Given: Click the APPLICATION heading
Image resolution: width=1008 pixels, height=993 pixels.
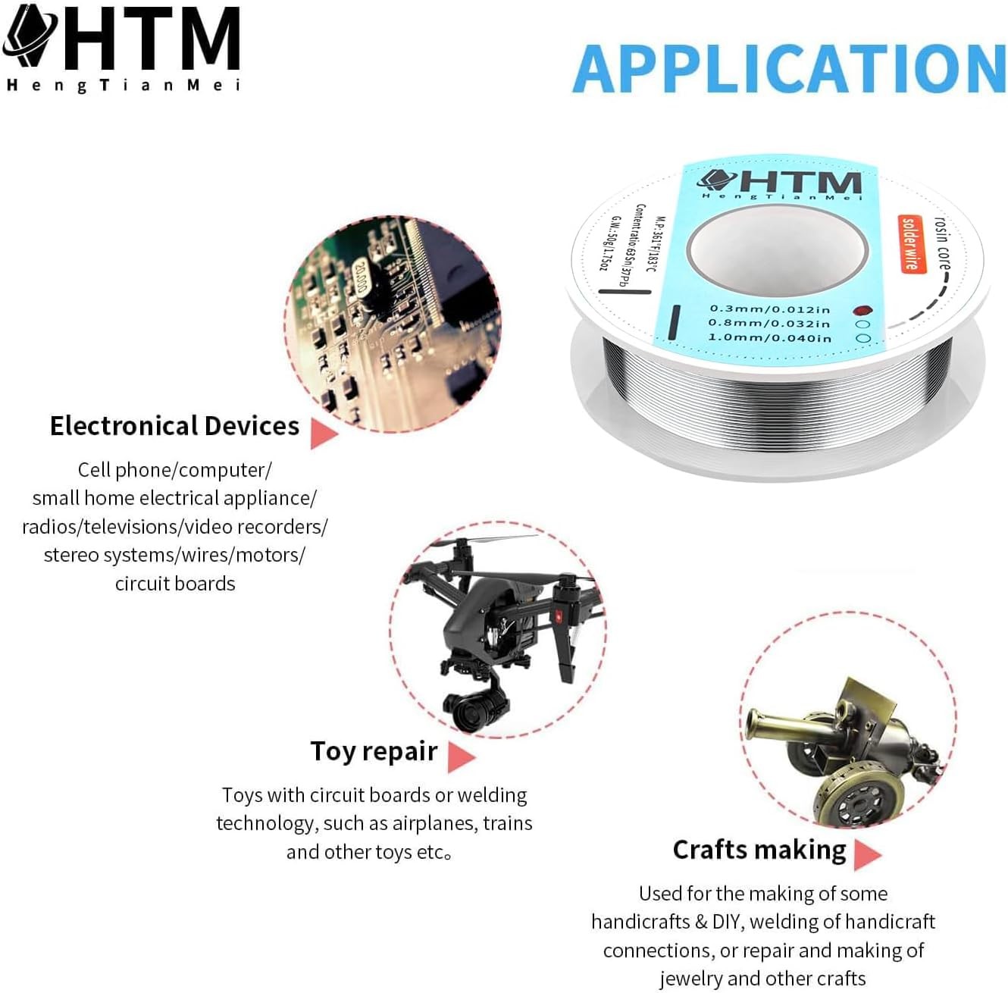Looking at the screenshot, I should pyautogui.click(x=789, y=69).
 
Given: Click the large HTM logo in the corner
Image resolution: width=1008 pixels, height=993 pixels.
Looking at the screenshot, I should pyautogui.click(x=121, y=38).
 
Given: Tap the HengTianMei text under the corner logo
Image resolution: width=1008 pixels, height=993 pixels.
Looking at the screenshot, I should pyautogui.click(x=123, y=85).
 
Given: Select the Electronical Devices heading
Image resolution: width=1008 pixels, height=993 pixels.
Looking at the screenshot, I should pyautogui.click(x=174, y=426).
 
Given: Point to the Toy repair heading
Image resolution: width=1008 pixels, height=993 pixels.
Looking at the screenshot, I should pyautogui.click(x=374, y=751).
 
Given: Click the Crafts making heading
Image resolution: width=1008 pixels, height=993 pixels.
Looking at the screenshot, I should pyautogui.click(x=759, y=850).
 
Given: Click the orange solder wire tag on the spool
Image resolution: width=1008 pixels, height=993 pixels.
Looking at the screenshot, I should pyautogui.click(x=910, y=243).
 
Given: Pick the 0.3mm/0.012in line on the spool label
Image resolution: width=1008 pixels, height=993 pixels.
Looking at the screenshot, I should pyautogui.click(x=770, y=309).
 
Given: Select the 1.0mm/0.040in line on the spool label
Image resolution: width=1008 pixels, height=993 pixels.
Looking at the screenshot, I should pyautogui.click(x=769, y=338).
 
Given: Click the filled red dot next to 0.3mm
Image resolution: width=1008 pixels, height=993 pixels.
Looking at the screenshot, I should pyautogui.click(x=861, y=310).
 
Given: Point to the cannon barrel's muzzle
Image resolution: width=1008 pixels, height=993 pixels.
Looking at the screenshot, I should pyautogui.click(x=753, y=723).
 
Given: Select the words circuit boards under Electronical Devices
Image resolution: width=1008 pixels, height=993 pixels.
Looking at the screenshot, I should pyautogui.click(x=175, y=584).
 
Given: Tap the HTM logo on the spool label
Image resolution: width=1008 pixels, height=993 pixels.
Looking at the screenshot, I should pyautogui.click(x=781, y=182).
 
